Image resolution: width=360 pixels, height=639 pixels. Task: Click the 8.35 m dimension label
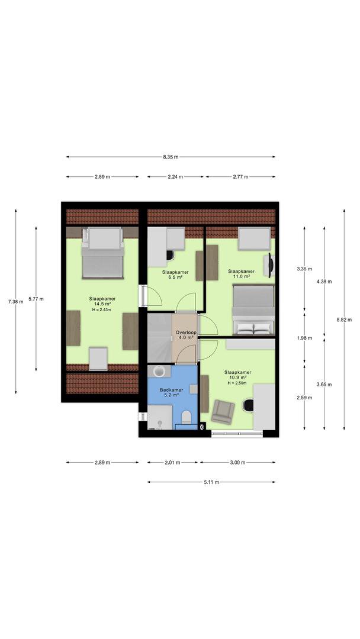(x=171, y=157)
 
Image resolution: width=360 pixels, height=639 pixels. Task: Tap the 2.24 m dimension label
(x=175, y=177)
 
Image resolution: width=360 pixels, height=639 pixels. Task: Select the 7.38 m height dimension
(x=16, y=302)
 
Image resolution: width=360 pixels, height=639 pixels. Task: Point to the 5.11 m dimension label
(x=211, y=482)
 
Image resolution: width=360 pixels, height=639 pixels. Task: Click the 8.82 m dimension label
(x=343, y=320)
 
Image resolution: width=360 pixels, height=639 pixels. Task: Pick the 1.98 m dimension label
(x=304, y=338)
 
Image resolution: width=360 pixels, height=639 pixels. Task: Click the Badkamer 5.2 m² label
(x=171, y=392)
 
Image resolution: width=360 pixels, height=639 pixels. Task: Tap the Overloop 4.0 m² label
(x=186, y=334)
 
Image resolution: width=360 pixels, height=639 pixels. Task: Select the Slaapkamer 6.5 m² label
(x=175, y=274)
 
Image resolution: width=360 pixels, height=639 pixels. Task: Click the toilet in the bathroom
(x=187, y=417)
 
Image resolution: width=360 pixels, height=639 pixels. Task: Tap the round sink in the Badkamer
(x=159, y=371)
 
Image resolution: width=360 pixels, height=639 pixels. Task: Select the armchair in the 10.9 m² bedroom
(x=223, y=412)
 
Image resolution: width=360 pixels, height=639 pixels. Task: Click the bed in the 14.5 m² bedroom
(x=102, y=253)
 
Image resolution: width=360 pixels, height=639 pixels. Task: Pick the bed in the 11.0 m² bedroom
(x=253, y=310)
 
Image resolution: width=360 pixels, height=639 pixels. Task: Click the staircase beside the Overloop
(x=159, y=338)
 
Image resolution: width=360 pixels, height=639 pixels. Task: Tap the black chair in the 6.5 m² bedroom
(x=170, y=255)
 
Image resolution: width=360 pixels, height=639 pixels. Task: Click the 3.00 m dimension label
(x=237, y=463)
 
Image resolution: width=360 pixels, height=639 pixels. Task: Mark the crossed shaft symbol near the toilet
(x=202, y=427)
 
